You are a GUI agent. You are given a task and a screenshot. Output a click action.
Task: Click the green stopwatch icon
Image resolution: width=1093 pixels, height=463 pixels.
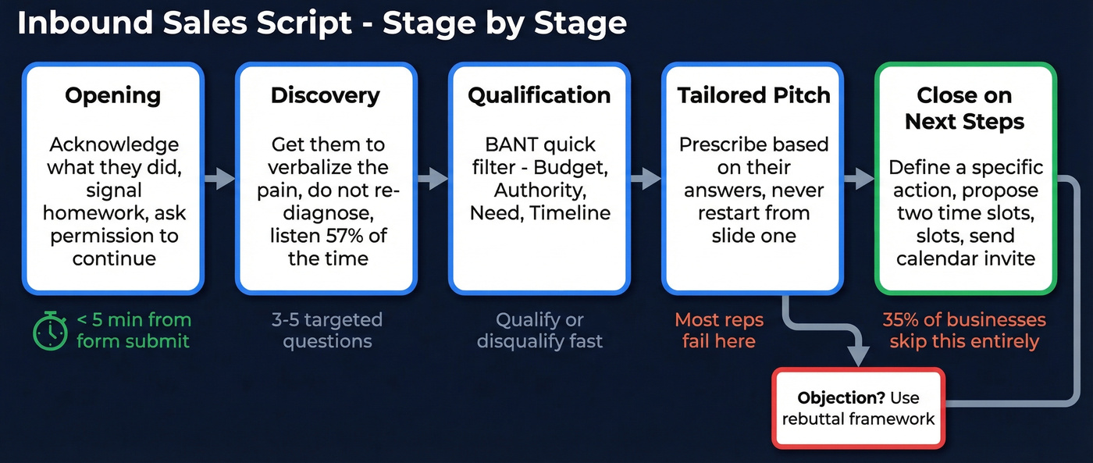51,330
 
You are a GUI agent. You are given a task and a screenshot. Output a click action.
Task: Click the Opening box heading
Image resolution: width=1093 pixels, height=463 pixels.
113,96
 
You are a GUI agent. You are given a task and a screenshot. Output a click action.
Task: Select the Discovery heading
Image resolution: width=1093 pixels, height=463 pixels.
326,96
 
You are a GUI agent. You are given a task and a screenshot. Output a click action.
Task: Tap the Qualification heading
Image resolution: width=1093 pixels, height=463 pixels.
539,96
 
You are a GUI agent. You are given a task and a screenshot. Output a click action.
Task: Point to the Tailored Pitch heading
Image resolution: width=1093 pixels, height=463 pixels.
753,96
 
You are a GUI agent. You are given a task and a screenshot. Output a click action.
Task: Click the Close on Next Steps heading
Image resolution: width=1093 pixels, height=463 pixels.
965,109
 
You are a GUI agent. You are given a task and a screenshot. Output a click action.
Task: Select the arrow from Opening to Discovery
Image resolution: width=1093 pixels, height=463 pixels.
220,179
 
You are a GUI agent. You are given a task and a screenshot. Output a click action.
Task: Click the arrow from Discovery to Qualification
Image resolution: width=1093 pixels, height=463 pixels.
433,179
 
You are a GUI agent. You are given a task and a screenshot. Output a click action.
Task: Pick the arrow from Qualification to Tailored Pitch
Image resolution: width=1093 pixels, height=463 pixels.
646,179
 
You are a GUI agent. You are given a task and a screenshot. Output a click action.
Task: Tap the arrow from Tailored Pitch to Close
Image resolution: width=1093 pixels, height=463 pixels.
859,179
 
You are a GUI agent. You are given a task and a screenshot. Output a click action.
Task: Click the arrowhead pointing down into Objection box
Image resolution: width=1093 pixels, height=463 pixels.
859,354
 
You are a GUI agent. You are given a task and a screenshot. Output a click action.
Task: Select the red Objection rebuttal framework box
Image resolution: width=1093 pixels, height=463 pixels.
858,408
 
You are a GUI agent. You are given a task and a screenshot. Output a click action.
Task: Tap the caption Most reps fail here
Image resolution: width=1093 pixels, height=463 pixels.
718,330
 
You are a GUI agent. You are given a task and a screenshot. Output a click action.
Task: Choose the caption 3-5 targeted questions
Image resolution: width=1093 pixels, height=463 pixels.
327,330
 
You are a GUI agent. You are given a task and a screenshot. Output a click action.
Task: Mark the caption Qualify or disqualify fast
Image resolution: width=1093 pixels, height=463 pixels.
539,330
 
